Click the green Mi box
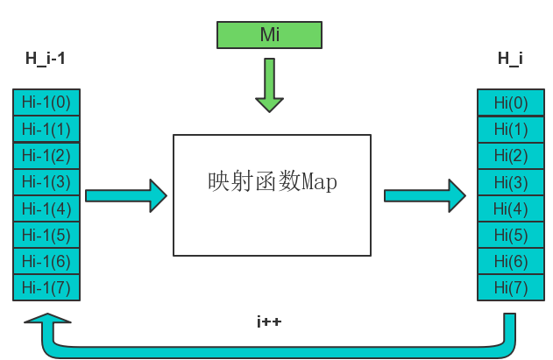point(269,34)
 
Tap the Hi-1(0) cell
point(46,102)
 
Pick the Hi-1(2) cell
point(46,155)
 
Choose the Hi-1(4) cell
point(46,208)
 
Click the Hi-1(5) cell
point(46,235)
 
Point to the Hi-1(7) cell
point(46,286)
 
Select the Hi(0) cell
point(510,102)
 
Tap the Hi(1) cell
point(510,130)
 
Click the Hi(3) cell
point(510,182)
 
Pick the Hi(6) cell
point(510,261)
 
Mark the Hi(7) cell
point(510,287)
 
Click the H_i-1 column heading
point(46,59)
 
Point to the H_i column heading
point(510,59)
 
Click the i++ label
point(269,322)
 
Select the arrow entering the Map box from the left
point(125,194)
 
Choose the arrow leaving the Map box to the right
point(424,194)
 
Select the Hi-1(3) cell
point(46,182)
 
